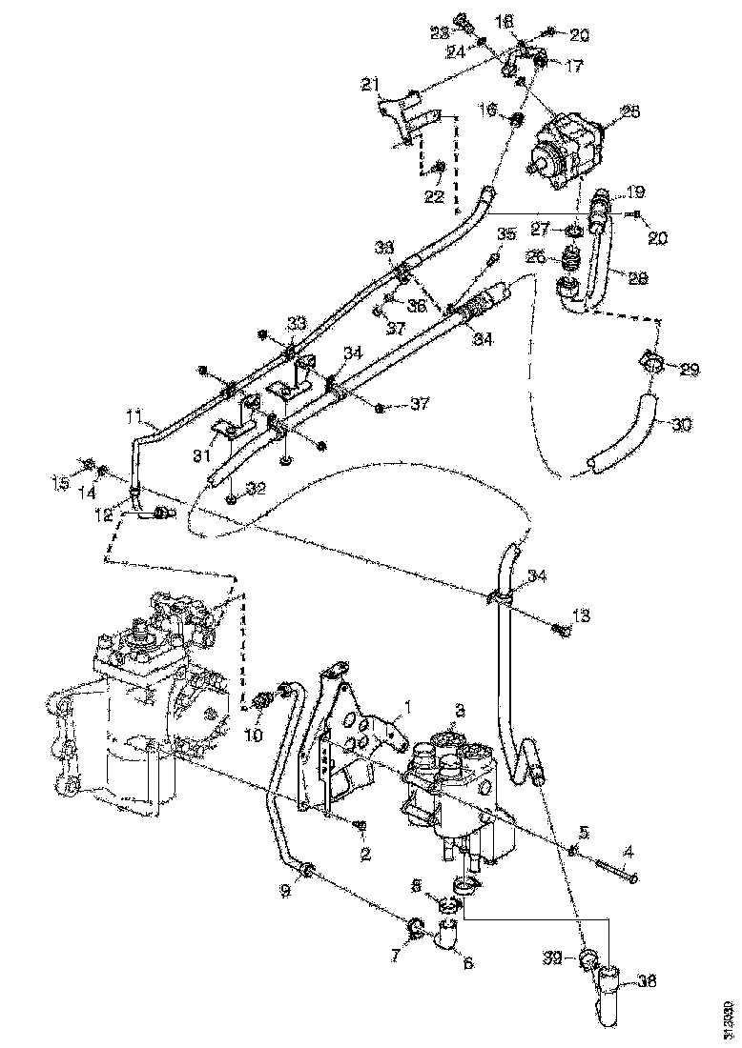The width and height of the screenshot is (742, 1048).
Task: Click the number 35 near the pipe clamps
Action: click(505, 233)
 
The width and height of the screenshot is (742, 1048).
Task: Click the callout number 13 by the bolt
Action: click(581, 615)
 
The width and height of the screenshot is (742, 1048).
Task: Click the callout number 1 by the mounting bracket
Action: click(407, 707)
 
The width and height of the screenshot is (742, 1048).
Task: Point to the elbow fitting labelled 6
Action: click(444, 938)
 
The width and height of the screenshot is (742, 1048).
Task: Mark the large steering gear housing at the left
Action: click(134, 724)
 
